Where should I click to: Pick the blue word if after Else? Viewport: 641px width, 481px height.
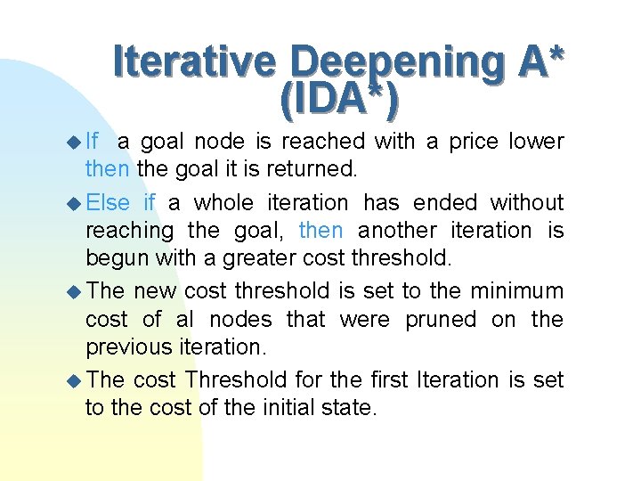(x=150, y=202)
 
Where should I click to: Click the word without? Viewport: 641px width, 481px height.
(x=527, y=202)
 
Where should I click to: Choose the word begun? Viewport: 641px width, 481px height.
(x=118, y=259)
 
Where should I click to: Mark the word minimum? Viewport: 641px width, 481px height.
(x=520, y=290)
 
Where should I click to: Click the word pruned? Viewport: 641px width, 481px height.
(x=441, y=319)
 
